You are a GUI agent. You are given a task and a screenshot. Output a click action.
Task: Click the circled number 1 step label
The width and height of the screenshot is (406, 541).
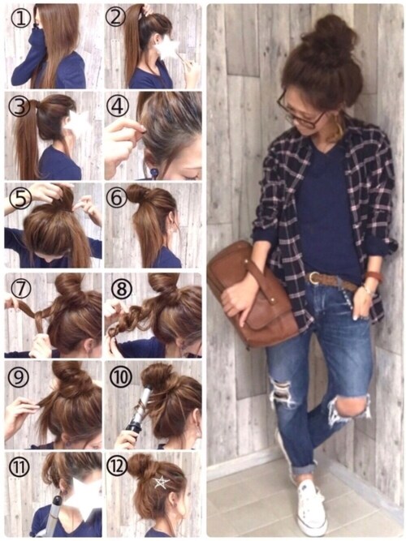click(22, 19)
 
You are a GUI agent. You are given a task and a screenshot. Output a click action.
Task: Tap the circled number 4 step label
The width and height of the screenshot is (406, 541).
click(118, 106)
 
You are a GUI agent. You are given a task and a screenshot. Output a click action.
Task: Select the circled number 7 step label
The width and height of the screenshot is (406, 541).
click(21, 289)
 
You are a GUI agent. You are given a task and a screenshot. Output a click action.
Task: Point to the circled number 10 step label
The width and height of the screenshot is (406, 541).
click(121, 377)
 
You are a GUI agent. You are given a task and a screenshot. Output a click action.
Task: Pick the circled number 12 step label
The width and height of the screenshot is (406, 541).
click(118, 467)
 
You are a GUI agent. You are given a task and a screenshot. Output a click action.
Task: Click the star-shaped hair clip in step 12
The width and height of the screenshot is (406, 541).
click(162, 482)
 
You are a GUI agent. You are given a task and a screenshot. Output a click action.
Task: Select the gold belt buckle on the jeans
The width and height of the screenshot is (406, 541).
click(313, 277)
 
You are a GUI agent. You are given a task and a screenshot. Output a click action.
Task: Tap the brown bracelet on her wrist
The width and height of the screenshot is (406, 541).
click(372, 276)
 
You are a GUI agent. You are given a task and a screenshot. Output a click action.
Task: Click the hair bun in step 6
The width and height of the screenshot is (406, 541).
click(136, 194)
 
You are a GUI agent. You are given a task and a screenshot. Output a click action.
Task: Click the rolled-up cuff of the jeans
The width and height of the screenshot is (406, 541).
click(304, 469)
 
